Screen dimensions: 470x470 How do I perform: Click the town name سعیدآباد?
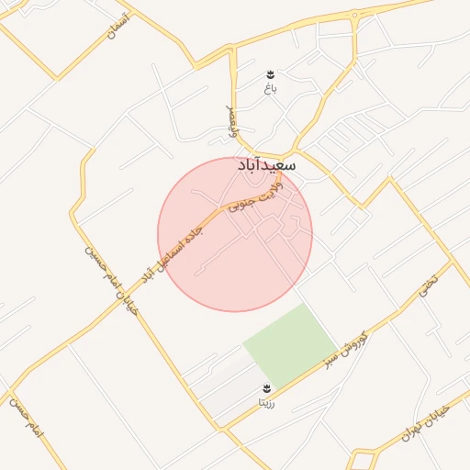click(266, 165)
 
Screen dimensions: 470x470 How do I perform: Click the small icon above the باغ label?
click(270, 74)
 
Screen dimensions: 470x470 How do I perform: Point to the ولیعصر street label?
click(233, 122)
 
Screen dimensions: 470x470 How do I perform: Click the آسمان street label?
click(117, 25)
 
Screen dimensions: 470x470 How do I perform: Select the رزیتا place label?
click(267, 402)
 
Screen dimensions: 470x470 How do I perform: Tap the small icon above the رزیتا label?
click(267, 388)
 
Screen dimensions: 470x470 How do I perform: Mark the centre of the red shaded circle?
click(235, 234)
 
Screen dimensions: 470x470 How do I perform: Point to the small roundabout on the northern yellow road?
click(354, 16)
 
